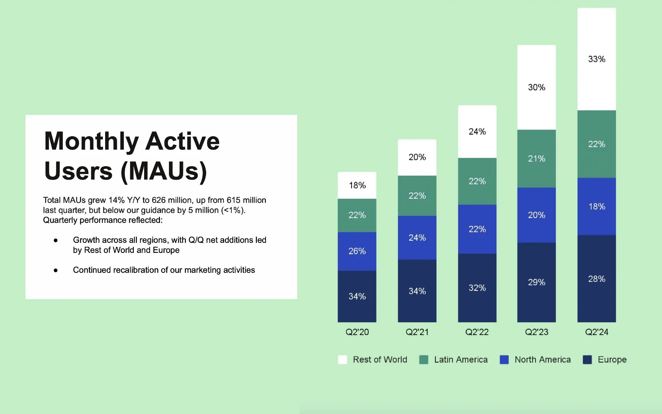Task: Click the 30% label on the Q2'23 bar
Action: click(x=536, y=87)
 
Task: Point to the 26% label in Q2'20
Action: click(x=357, y=251)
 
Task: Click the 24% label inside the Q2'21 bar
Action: click(x=417, y=238)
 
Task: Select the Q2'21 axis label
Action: click(x=417, y=332)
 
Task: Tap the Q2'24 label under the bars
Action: click(x=596, y=332)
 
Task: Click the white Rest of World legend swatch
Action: click(x=342, y=359)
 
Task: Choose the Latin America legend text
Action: click(x=461, y=359)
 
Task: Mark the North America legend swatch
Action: click(x=504, y=359)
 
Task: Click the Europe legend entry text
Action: click(x=612, y=359)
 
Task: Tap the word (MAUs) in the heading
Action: click(x=164, y=171)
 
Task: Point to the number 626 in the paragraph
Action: click(x=159, y=200)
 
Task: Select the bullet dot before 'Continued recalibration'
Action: click(x=56, y=270)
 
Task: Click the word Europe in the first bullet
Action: click(x=166, y=250)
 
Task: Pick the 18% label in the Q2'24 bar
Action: click(x=596, y=206)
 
